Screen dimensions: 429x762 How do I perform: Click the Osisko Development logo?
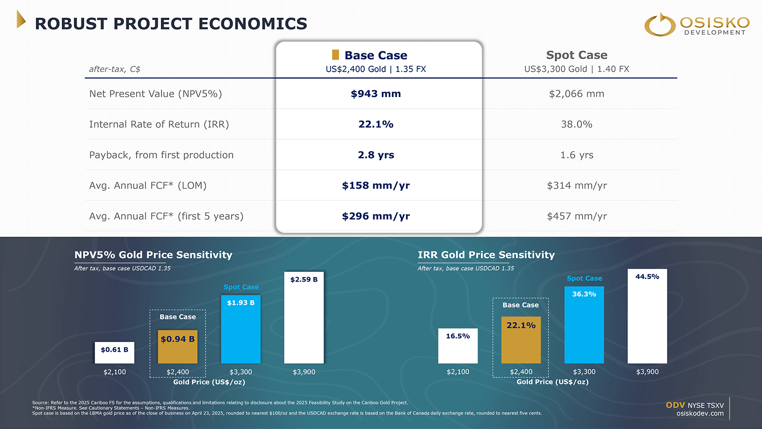[696, 24]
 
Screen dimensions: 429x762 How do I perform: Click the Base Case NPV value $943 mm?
[376, 94]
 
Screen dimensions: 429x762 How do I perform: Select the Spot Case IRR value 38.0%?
[577, 125]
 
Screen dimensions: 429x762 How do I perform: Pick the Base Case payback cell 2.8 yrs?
[376, 155]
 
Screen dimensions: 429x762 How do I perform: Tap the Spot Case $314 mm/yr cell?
[577, 186]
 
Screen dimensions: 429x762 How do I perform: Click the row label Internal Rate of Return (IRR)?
[159, 125]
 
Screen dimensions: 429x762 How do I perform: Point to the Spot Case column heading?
[577, 55]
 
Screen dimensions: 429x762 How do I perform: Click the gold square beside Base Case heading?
[335, 54]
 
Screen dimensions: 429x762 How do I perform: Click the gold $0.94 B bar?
[177, 347]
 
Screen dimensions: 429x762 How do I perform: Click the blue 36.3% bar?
[584, 325]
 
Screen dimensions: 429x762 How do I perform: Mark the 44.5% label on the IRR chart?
[647, 277]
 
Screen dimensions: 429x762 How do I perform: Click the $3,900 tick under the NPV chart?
[304, 372]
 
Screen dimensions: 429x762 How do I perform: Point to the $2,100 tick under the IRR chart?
[458, 372]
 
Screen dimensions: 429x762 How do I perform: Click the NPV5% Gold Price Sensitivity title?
[153, 255]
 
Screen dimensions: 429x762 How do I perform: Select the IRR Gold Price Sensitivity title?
[486, 255]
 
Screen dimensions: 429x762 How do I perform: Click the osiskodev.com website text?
[700, 414]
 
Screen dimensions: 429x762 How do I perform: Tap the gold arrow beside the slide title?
[21, 19]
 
